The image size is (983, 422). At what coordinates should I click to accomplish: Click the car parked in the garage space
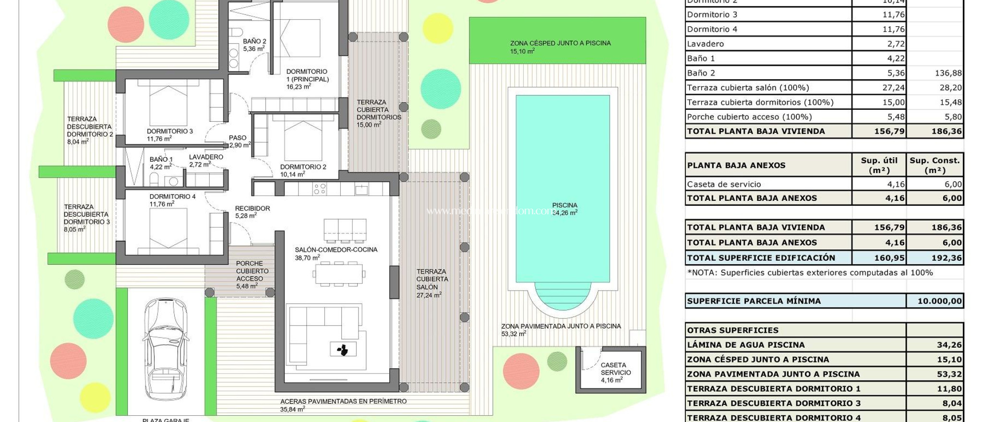point(165,352)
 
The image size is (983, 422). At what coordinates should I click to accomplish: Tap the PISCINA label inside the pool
point(564,205)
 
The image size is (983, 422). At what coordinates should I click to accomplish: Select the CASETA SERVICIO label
point(615,369)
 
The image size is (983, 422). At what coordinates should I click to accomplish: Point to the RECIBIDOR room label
point(252,209)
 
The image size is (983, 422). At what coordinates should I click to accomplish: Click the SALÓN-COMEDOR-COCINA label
point(336,250)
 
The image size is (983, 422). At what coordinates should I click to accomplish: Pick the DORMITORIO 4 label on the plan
point(172,197)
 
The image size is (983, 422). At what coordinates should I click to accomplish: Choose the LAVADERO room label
point(206,157)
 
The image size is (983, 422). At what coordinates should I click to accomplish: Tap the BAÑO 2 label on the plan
point(254,42)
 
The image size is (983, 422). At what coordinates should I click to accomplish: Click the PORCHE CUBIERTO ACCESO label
point(252,271)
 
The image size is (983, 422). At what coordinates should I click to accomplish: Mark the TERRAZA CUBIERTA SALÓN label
point(432,279)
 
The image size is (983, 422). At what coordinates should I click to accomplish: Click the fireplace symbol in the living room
point(343,349)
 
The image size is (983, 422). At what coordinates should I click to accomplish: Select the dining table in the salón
point(339,274)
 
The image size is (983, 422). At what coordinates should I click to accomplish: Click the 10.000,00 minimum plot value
point(939,301)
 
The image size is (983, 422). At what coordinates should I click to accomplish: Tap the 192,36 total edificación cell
point(946,258)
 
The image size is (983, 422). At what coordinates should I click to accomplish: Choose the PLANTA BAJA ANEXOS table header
point(736,165)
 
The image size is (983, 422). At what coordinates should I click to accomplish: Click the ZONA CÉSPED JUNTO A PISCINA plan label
point(560,43)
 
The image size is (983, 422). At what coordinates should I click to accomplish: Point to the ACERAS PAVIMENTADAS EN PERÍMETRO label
point(343,401)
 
